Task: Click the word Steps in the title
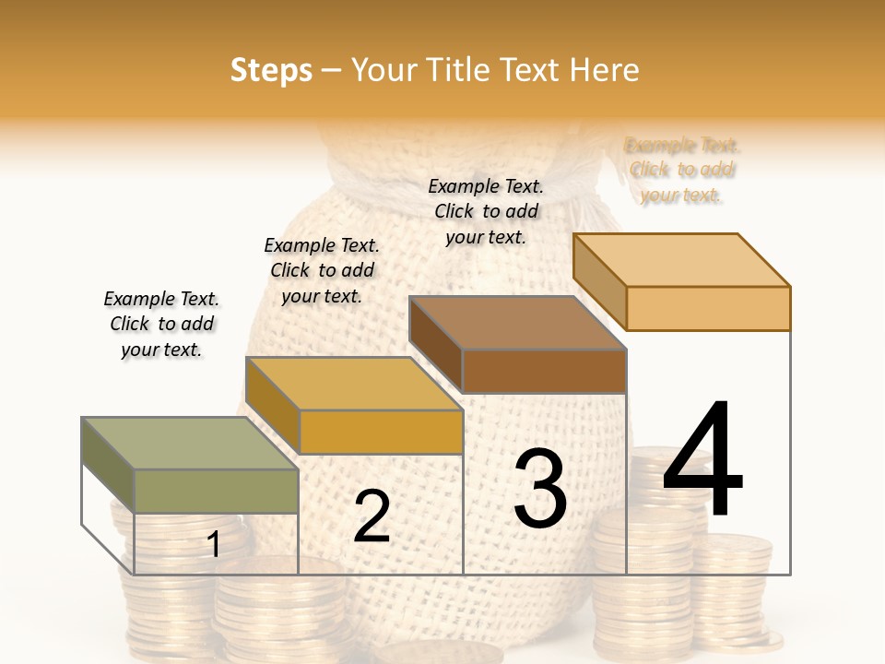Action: coord(271,70)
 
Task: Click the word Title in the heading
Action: coord(459,70)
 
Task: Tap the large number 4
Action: coord(702,461)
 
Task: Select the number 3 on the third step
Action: coord(540,490)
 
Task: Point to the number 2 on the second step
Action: coord(372,516)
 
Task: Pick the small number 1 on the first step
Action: coord(214,545)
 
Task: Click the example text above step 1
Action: coord(161,324)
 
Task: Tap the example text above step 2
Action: coord(322,270)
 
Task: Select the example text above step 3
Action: coord(486,211)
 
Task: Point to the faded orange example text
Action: coord(682,170)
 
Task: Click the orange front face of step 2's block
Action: coord(381,432)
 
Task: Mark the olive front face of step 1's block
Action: coord(216,491)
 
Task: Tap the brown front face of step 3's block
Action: coord(544,371)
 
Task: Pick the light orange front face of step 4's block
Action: coord(708,308)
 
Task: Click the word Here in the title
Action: coord(606,70)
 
